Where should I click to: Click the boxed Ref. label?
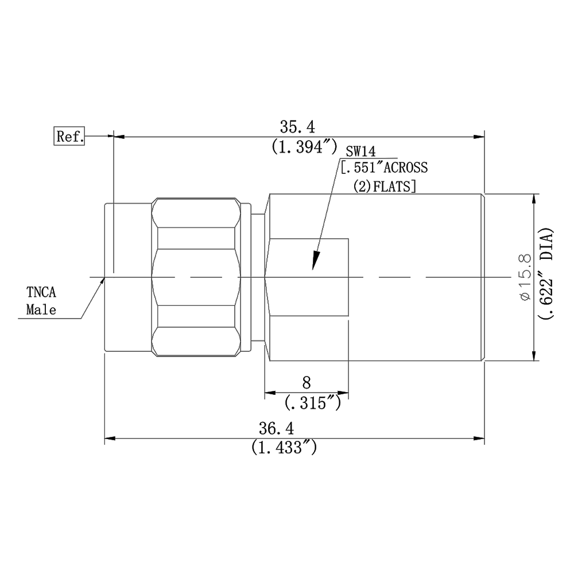69,136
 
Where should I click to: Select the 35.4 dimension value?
297,127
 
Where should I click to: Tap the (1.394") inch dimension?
304,147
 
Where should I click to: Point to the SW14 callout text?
361,151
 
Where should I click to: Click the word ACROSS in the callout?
405,167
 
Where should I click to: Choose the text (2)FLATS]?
385,187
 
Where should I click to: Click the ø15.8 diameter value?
525,277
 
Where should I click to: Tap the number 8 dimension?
307,383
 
